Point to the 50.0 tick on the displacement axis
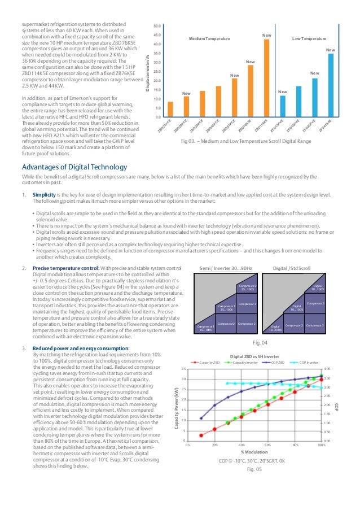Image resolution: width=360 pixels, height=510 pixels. [x=157, y=26]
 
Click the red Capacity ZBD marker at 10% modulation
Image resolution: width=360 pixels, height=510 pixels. [x=201, y=435]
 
